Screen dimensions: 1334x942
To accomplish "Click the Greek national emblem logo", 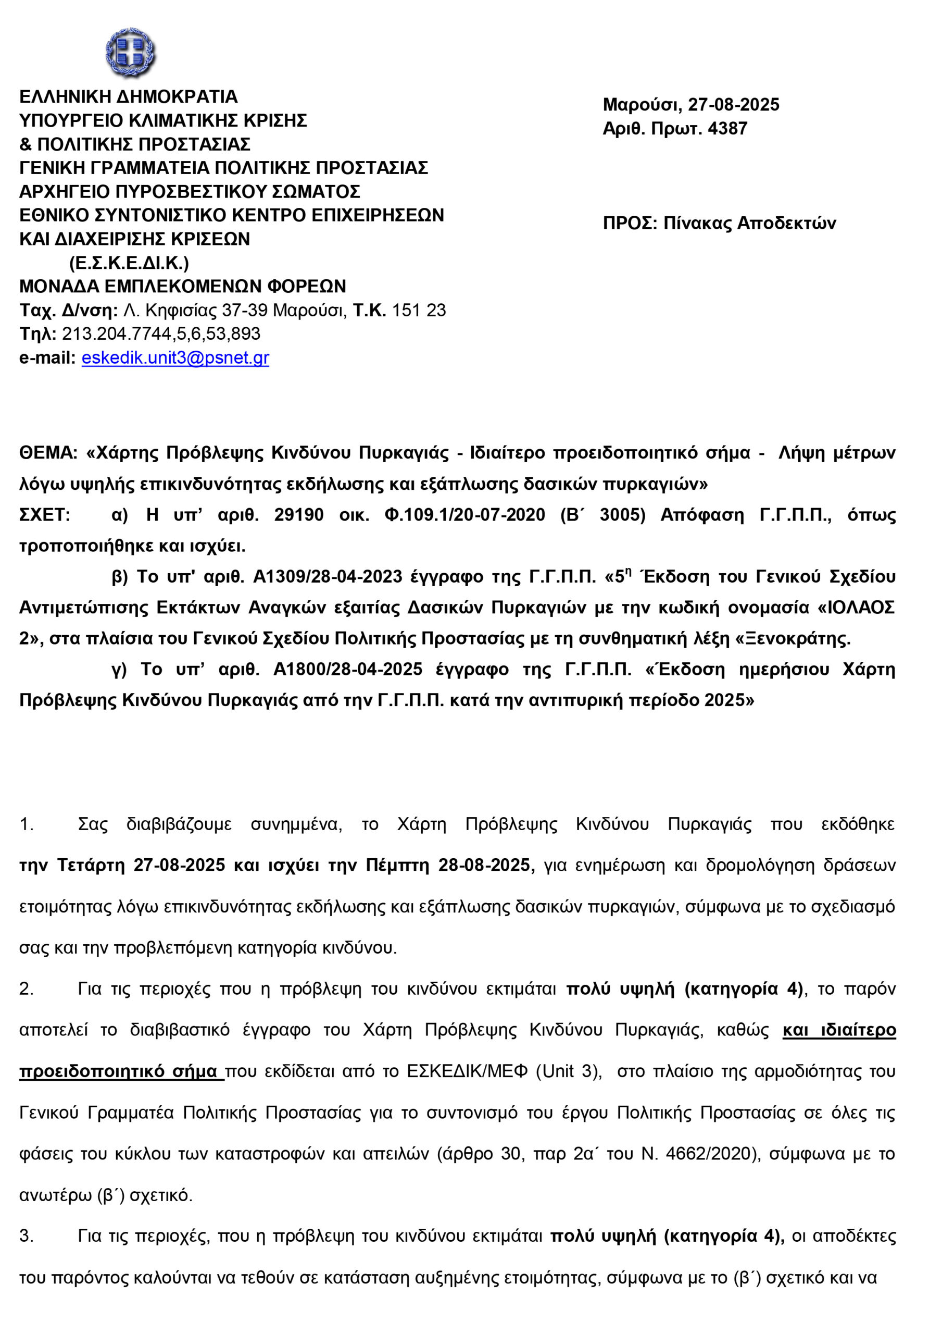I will (130, 52).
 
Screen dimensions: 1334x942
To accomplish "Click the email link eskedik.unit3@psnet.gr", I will (175, 358).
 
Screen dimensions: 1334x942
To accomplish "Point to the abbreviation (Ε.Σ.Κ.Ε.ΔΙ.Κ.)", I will (129, 263).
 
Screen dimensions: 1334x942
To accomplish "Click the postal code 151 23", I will (419, 310).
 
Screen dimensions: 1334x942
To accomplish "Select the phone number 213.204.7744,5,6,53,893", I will (161, 334).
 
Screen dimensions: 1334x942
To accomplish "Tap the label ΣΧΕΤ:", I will (44, 515).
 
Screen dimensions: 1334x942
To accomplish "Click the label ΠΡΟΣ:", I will (630, 223).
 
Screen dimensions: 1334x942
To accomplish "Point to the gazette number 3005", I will (622, 515).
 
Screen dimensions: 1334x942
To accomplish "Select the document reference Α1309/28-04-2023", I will (328, 576).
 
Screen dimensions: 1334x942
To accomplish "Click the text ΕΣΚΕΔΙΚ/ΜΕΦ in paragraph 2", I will (467, 1071).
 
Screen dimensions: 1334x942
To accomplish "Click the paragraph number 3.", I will (26, 1236).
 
